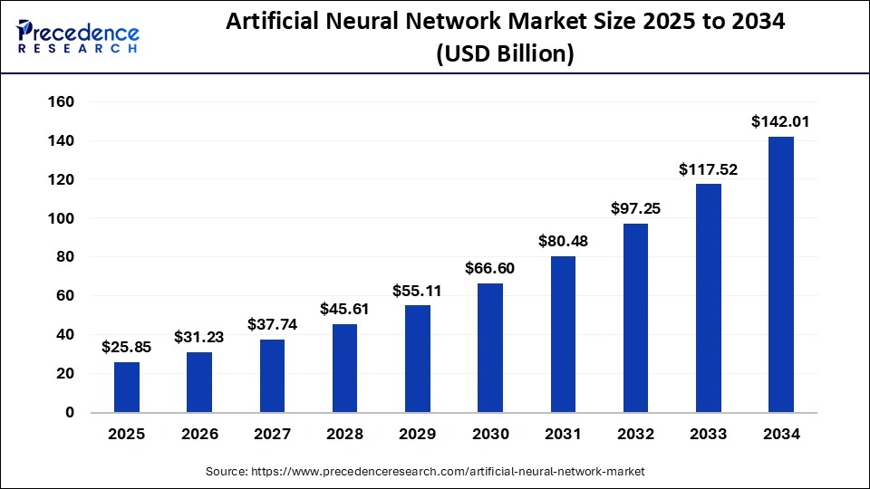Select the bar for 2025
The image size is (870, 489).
[x=127, y=387]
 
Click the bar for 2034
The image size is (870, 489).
[x=781, y=274]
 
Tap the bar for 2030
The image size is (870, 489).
[x=490, y=348]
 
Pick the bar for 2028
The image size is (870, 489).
[x=344, y=368]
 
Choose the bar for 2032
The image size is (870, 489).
[x=635, y=318]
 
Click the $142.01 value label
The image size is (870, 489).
[x=781, y=121]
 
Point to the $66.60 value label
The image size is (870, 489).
[x=490, y=268]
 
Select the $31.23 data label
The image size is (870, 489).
[x=199, y=337]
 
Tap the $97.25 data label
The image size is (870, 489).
[x=635, y=208]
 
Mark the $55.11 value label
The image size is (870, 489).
[x=418, y=291]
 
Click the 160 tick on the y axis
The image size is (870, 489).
[x=61, y=102]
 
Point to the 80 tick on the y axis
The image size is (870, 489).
[x=65, y=257]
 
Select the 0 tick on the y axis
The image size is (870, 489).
[x=70, y=412]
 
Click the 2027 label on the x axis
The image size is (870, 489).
[x=272, y=435]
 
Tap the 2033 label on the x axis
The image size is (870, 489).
[x=709, y=435]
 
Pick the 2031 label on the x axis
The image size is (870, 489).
[x=563, y=435]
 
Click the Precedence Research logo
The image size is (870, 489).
[x=78, y=36]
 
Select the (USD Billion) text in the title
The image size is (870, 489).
[x=505, y=54]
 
